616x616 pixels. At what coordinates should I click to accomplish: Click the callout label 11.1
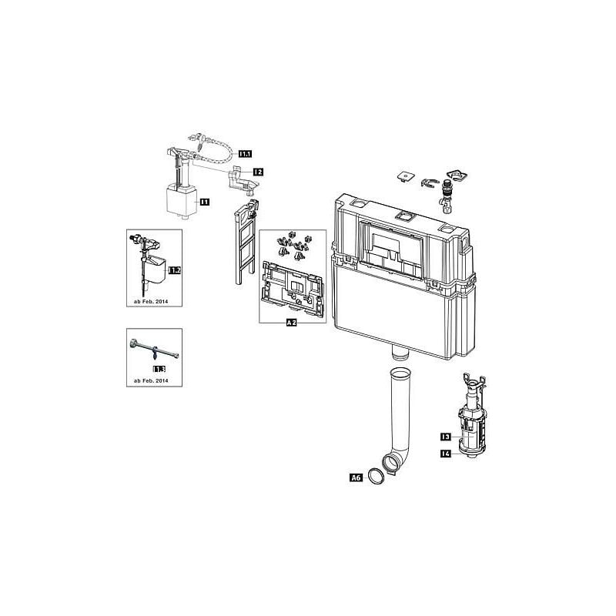point(243,154)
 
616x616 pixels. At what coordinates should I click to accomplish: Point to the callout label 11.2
point(175,270)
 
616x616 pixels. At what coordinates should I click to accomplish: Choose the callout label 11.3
point(159,370)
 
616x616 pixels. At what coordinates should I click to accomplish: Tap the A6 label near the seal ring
point(356,478)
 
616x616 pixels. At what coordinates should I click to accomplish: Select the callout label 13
point(445,437)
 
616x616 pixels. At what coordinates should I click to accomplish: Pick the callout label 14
point(445,455)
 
